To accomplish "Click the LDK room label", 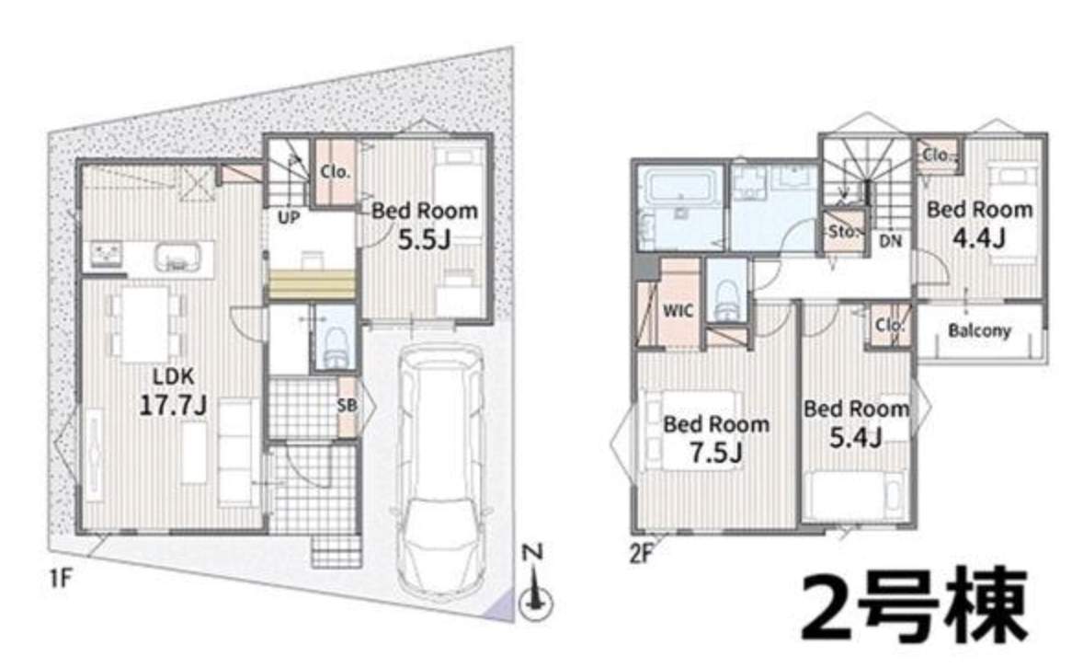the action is click(x=174, y=377).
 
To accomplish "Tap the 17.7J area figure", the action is click(x=173, y=406).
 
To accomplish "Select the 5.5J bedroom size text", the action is click(x=424, y=239).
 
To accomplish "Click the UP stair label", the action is click(x=289, y=217).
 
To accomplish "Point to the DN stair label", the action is click(x=890, y=241).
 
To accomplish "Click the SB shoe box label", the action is click(x=347, y=405).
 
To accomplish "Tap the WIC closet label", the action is click(x=678, y=310).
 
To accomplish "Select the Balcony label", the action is click(x=979, y=330).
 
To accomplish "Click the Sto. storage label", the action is click(x=843, y=231).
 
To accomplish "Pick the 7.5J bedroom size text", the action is click(x=715, y=453).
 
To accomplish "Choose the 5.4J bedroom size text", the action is click(x=855, y=437).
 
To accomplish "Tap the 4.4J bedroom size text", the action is click(x=979, y=238).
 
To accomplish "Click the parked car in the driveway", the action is click(x=441, y=470).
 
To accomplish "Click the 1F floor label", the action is click(x=62, y=578).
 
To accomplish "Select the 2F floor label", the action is click(x=641, y=554).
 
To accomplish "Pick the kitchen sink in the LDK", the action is click(x=177, y=259).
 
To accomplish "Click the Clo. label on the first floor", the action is click(x=335, y=171).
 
